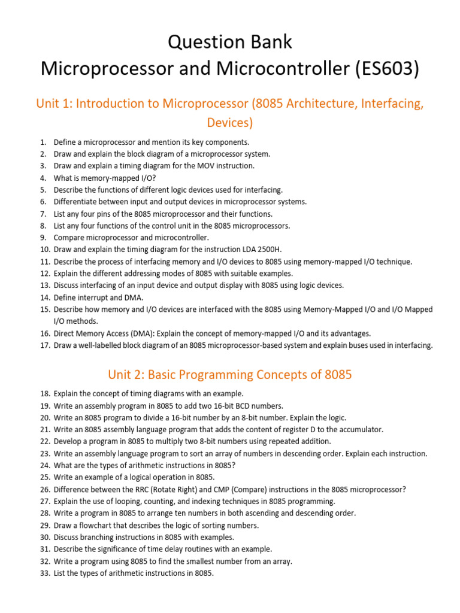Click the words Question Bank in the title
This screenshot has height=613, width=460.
point(230,42)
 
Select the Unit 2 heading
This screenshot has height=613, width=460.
point(230,375)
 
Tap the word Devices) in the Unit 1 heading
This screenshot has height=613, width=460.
point(230,123)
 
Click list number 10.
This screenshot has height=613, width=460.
point(44,250)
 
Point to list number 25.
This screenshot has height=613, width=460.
point(44,477)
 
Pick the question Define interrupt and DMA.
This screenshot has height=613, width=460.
point(98,298)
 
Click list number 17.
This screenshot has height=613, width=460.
point(44,345)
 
